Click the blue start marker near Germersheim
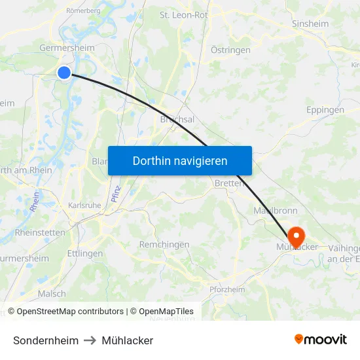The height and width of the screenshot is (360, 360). coord(64,73)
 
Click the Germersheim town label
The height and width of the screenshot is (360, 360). coord(67,48)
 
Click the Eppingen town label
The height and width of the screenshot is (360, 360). coord(325,110)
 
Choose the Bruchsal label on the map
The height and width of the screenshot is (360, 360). coord(177,120)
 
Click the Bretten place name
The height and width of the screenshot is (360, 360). coord(229,184)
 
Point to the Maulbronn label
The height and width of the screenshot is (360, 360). coord(276,211)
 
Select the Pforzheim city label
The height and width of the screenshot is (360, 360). coord(227,290)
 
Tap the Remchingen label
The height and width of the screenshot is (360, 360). coord(164,244)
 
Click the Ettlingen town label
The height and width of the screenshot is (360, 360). coord(85,253)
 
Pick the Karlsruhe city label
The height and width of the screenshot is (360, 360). coord(84,206)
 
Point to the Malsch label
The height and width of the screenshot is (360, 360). coord(52,294)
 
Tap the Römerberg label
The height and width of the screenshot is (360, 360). coord(83,11)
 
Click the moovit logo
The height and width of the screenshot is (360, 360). coord(321,340)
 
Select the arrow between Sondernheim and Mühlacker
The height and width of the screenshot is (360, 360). coord(90,340)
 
